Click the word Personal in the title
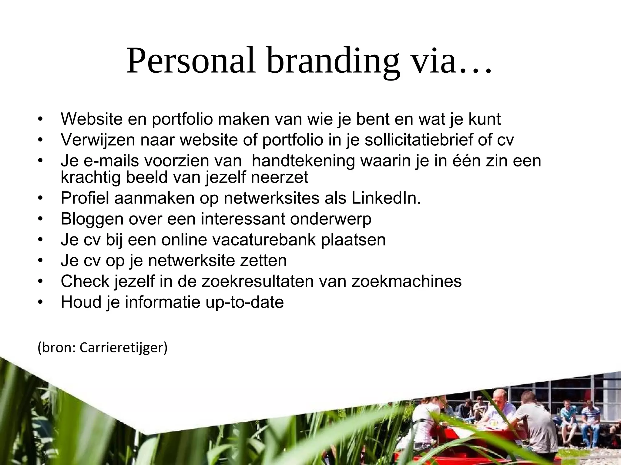coord(191,61)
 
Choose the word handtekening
coord(303,160)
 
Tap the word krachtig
coord(91,177)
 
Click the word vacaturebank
coord(264,240)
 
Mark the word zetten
coord(263,261)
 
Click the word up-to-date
coord(244,302)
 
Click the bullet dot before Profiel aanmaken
coord(40,199)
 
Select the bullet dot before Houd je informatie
coord(40,303)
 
